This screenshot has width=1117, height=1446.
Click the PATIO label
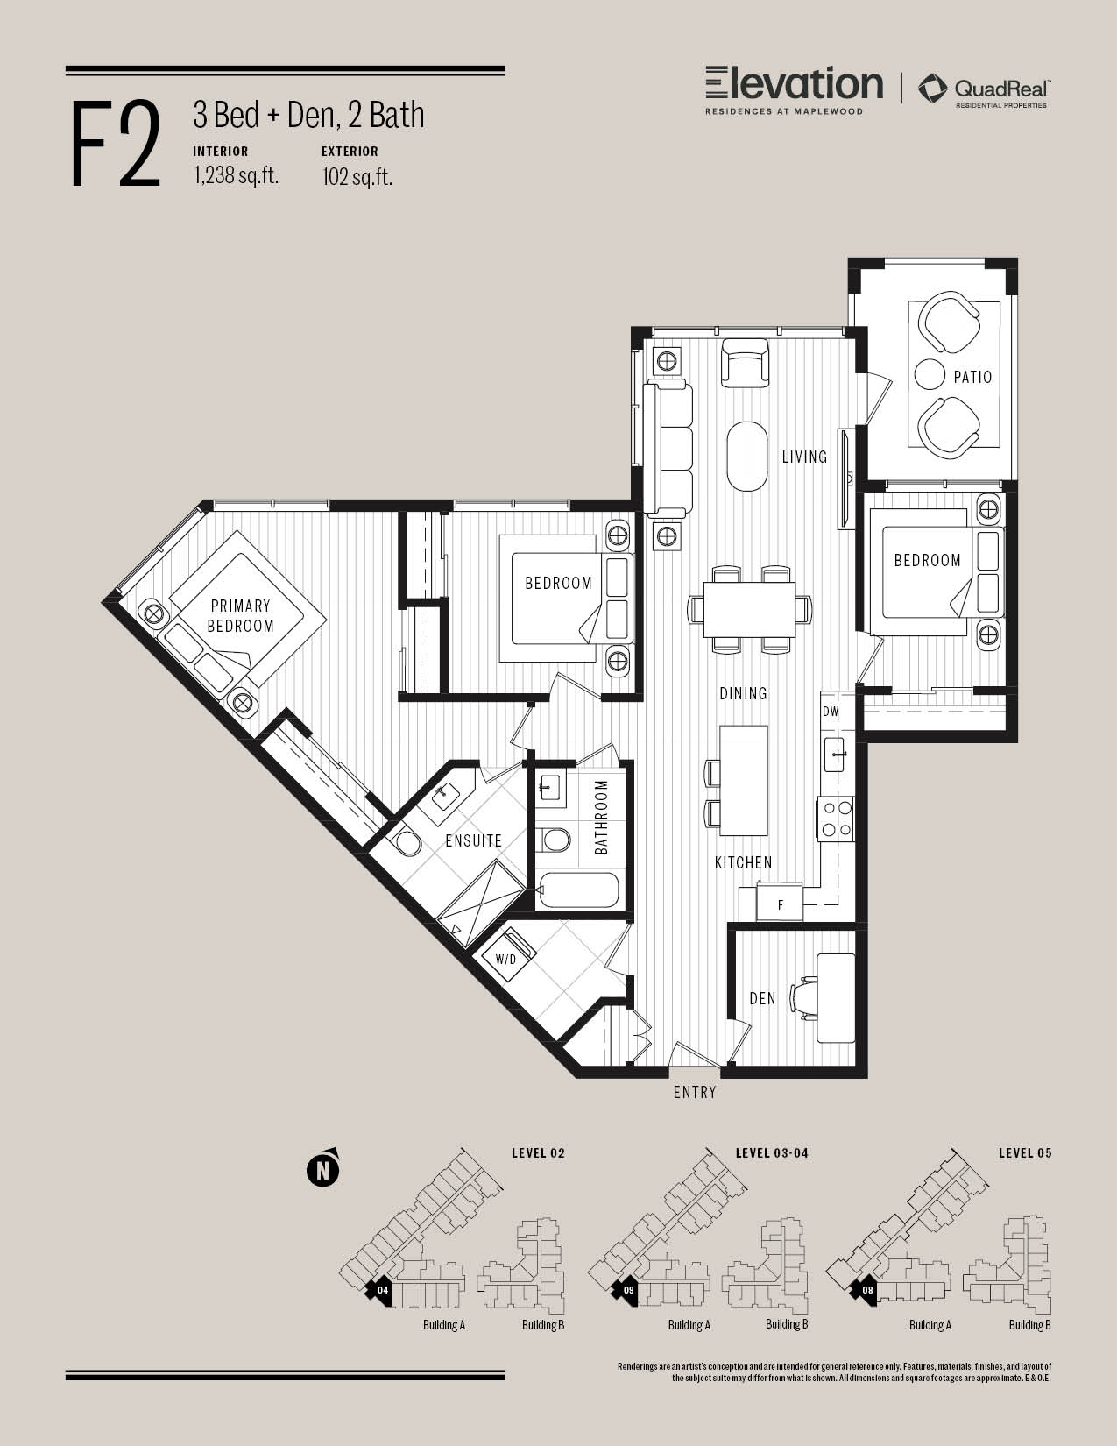point(972,378)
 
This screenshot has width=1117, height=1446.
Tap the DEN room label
point(762,998)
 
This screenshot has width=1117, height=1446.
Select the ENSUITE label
point(474,840)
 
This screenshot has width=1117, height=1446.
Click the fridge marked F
point(780,902)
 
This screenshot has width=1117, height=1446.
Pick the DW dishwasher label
point(831,712)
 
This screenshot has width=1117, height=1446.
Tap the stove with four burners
point(836,819)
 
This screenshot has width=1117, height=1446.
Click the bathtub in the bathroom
point(579,891)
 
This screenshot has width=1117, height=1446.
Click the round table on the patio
point(930,374)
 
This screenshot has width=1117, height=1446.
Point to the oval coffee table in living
point(747,457)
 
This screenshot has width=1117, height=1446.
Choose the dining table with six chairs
point(750,609)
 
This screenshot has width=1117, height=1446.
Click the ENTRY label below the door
point(695,1092)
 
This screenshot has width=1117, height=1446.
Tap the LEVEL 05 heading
point(1025,1153)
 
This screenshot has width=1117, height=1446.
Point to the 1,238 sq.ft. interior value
point(236,175)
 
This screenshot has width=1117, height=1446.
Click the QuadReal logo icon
point(933,89)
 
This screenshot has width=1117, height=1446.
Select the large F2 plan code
point(116,144)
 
